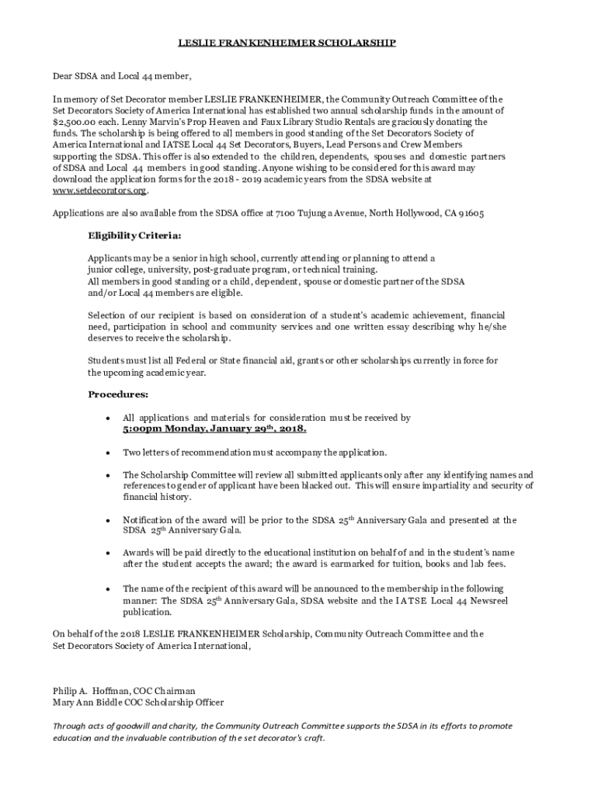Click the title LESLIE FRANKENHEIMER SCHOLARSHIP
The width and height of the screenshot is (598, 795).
coord(300,43)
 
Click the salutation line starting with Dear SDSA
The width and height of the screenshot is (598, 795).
coord(121,76)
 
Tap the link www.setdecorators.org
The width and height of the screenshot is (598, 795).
coord(99,190)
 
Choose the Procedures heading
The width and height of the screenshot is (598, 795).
coord(118,394)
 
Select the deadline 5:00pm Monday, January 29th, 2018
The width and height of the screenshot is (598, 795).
coord(214,429)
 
